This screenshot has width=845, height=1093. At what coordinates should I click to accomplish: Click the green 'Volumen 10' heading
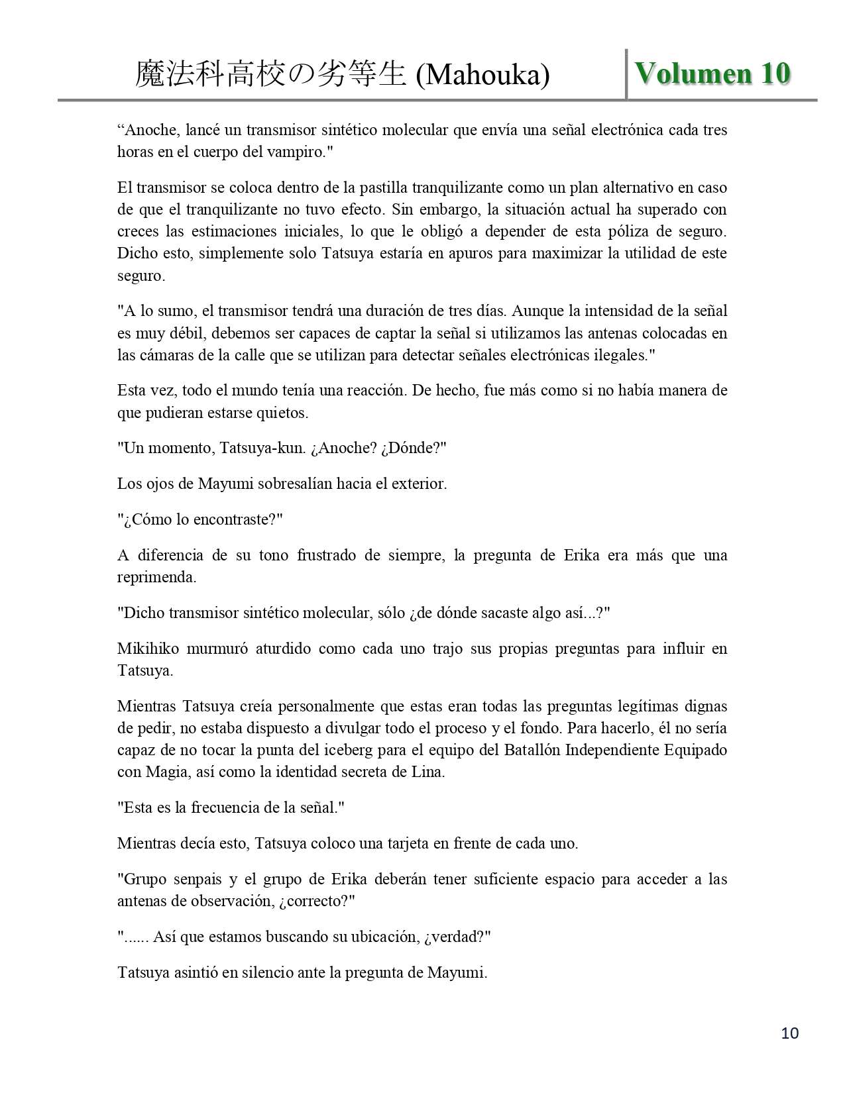click(x=712, y=74)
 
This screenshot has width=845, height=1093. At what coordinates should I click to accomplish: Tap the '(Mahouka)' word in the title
click(x=482, y=75)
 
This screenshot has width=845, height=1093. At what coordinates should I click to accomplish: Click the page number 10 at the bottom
click(x=790, y=1033)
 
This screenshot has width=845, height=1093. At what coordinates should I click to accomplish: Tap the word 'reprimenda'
click(x=157, y=577)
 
